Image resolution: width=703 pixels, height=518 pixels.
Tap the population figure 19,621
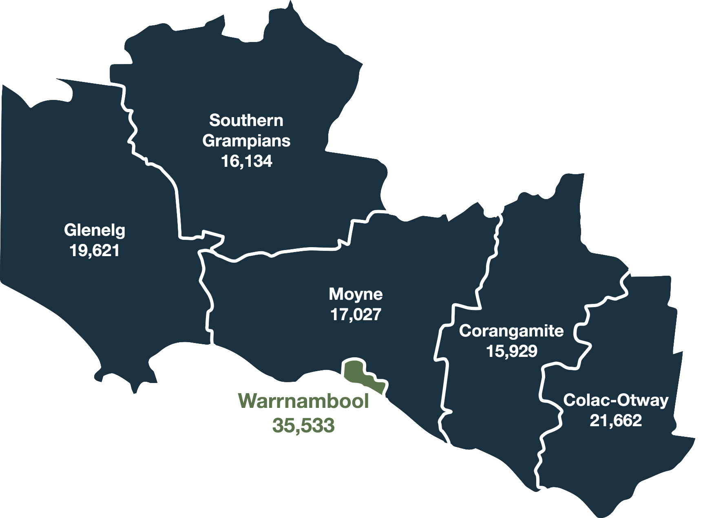tap(95, 250)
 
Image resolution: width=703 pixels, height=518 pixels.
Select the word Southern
tap(246, 120)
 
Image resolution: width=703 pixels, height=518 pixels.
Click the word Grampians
tap(246, 141)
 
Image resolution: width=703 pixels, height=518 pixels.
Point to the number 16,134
tap(246, 161)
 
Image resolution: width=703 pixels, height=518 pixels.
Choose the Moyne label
tap(356, 294)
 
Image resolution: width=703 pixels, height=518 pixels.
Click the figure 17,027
tap(356, 314)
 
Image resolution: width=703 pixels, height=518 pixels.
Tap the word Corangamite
tap(511, 331)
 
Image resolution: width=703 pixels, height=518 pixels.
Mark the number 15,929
tap(511, 351)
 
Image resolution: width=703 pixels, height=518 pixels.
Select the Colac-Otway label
tap(616, 400)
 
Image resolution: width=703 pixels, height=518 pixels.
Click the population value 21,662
tap(616, 420)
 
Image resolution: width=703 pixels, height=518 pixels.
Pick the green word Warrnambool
tap(304, 401)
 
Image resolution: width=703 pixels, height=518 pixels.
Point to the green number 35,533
tap(304, 425)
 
